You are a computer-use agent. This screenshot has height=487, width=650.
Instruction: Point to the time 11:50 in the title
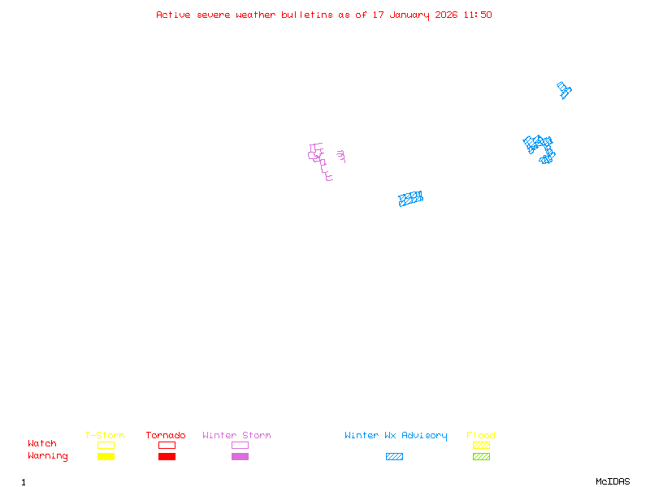point(478,15)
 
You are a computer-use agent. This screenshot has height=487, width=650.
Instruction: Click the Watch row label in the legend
point(42,444)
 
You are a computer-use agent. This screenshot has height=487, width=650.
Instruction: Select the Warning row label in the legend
point(48,456)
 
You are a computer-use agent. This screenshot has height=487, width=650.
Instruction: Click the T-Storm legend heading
point(105,436)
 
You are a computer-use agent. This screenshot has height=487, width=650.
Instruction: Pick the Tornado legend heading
point(166,436)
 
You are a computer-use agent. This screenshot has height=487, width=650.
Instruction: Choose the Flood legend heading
point(481,436)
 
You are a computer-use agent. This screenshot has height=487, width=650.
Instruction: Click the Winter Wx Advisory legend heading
point(396,436)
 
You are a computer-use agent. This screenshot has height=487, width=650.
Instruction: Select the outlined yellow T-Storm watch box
point(106,445)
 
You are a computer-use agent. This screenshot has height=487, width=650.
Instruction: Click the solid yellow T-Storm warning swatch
point(106,456)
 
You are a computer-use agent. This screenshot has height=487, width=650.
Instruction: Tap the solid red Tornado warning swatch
point(167,456)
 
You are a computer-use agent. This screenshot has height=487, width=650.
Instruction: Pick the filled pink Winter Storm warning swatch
point(240,456)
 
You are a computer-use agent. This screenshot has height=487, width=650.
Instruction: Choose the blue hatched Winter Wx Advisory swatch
point(394,456)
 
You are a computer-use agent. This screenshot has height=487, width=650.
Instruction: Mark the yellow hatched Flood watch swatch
point(481,445)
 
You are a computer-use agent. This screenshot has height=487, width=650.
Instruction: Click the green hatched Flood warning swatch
point(481,456)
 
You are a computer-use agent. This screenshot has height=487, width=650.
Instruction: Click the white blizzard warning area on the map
point(334,161)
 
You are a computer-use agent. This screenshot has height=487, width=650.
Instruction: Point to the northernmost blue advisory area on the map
point(564,90)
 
